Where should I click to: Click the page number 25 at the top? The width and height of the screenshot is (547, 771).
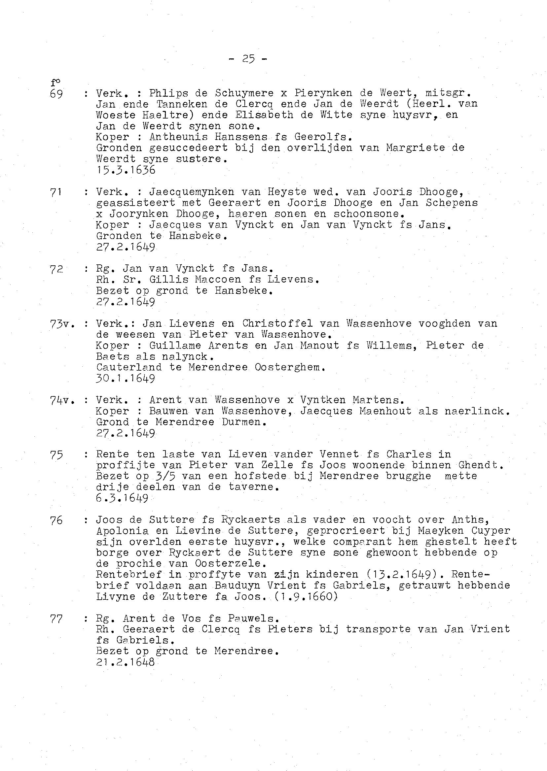tap(248, 59)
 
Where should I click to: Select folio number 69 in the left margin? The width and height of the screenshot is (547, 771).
tap(56, 93)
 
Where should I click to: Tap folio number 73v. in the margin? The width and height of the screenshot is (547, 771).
tap(62, 324)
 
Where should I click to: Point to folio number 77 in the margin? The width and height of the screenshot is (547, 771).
tap(56, 619)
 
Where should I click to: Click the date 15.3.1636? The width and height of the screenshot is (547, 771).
tap(126, 170)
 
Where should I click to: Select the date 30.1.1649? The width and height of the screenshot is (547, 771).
tap(126, 379)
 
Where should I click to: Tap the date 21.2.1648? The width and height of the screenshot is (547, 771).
tap(126, 662)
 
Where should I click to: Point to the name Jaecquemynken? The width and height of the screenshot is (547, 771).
tap(191, 192)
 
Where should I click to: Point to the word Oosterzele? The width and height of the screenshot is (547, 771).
tap(228, 563)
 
